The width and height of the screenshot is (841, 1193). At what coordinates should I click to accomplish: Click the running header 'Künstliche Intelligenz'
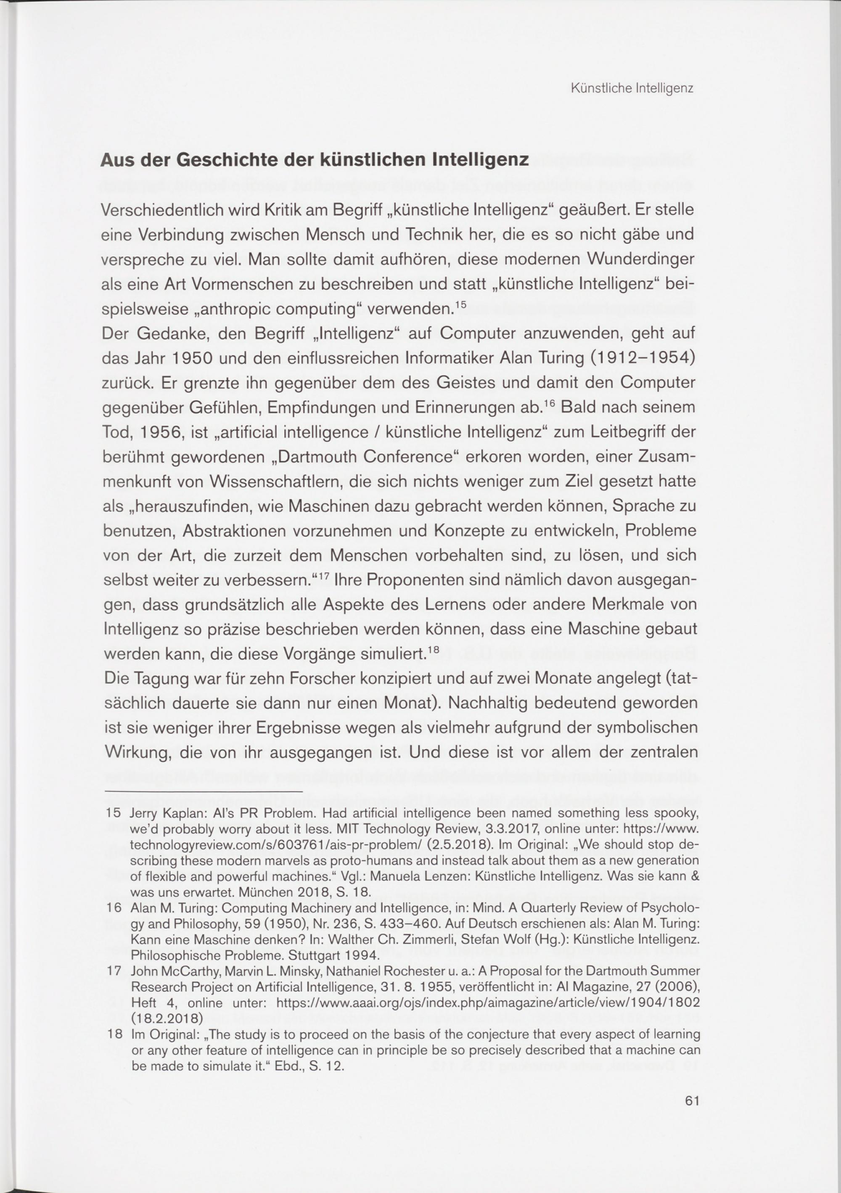pos(632,88)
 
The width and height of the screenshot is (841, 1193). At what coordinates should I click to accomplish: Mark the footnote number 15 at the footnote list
pos(113,812)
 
